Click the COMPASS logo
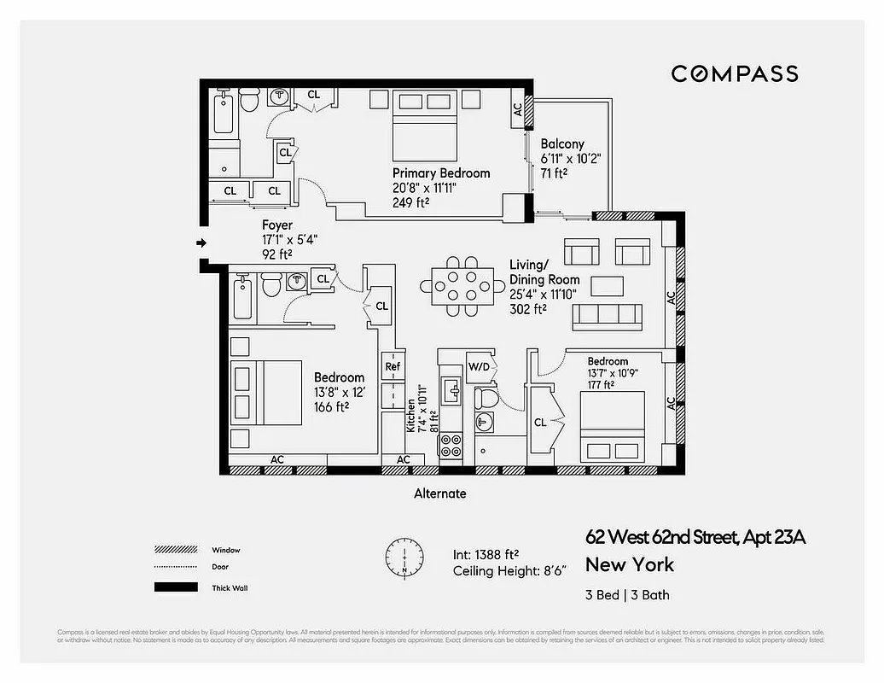[734, 73]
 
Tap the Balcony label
[562, 144]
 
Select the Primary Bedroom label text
[441, 173]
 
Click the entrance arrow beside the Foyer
[201, 243]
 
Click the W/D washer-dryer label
[480, 366]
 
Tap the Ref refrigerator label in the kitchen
[393, 366]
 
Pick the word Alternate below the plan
[439, 493]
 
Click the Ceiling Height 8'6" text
[509, 571]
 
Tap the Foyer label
[277, 225]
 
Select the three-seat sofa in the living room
[608, 315]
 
